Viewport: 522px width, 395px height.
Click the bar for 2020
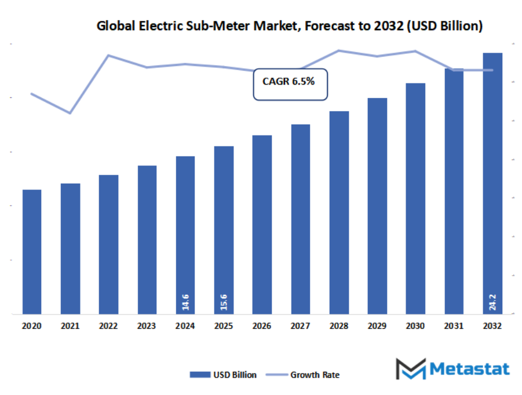tap(32, 252)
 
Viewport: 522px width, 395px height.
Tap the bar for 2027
tap(300, 219)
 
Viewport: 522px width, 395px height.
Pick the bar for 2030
tap(415, 199)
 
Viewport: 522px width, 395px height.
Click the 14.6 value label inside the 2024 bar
tap(185, 302)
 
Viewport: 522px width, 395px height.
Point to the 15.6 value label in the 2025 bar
tap(224, 302)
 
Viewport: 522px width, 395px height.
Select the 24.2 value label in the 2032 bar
tap(492, 302)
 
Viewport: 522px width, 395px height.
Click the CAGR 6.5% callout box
tap(291, 85)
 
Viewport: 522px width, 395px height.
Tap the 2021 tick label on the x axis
tap(70, 327)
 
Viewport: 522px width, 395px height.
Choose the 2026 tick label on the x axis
tap(262, 327)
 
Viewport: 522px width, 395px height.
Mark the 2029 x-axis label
tap(377, 327)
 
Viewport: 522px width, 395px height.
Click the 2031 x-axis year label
tap(454, 327)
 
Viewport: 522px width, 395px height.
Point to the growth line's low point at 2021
tap(70, 113)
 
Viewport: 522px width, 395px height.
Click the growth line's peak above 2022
tap(108, 56)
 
